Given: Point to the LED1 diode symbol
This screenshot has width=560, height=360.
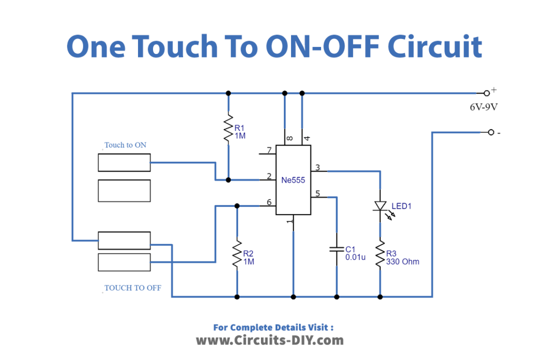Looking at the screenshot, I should pos(380,205).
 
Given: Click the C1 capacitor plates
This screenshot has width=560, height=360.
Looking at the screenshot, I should pos(336,248).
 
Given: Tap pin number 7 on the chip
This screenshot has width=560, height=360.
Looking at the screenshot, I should pos(269,150).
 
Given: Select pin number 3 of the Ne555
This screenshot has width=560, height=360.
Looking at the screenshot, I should pos(317,167).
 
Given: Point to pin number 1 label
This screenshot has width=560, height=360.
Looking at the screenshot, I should pos(289,221).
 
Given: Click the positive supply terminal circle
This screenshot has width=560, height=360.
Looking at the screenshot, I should pos(486,93).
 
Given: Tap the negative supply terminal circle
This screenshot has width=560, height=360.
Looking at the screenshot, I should pos(490,132).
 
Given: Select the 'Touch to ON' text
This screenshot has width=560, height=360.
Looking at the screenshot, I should pos(125,145).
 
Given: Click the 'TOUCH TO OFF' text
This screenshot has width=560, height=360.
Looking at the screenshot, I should pos(132,288).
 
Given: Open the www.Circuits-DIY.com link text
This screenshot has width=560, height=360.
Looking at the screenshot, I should pos(269,340).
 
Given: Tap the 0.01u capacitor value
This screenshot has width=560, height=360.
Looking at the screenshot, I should pos(355,257).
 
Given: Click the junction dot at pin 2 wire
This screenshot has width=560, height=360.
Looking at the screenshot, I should pos(228,179).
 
